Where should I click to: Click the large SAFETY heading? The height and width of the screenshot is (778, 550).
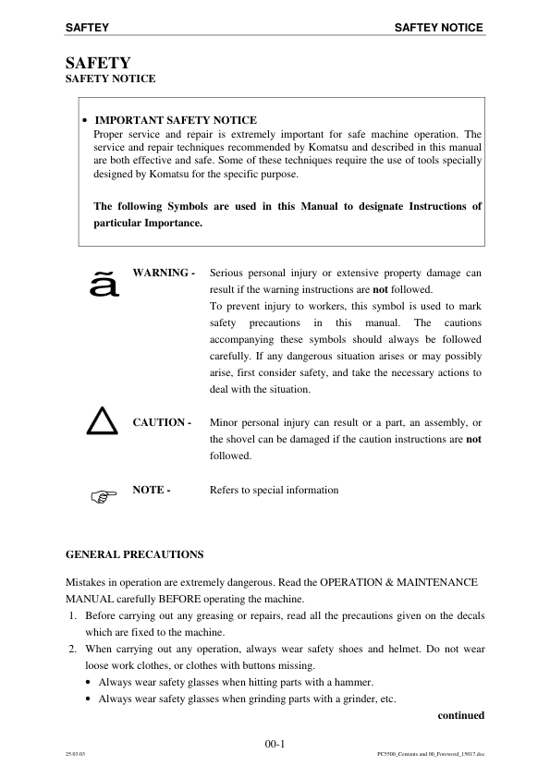point(98,63)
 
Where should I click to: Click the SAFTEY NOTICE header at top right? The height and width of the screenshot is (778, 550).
point(438,28)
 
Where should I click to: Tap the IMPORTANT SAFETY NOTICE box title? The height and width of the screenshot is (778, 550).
point(176,120)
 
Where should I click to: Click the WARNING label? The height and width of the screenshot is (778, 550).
point(164,274)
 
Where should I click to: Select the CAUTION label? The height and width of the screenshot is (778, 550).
point(162,422)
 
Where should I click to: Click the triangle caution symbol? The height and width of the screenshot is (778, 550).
point(103,421)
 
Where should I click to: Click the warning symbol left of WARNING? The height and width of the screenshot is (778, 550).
point(102,283)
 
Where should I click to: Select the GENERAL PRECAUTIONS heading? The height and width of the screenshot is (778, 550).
point(134,554)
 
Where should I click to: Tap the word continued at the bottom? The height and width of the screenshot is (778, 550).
point(460,714)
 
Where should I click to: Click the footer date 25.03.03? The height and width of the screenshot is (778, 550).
point(76,753)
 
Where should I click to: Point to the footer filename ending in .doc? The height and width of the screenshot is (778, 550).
point(424,753)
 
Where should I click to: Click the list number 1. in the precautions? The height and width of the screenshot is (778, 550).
point(74,615)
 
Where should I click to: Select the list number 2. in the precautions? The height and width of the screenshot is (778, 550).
point(74,650)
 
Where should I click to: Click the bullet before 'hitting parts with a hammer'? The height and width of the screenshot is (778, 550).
point(88,682)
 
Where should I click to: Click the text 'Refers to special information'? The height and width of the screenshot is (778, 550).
point(275,490)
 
